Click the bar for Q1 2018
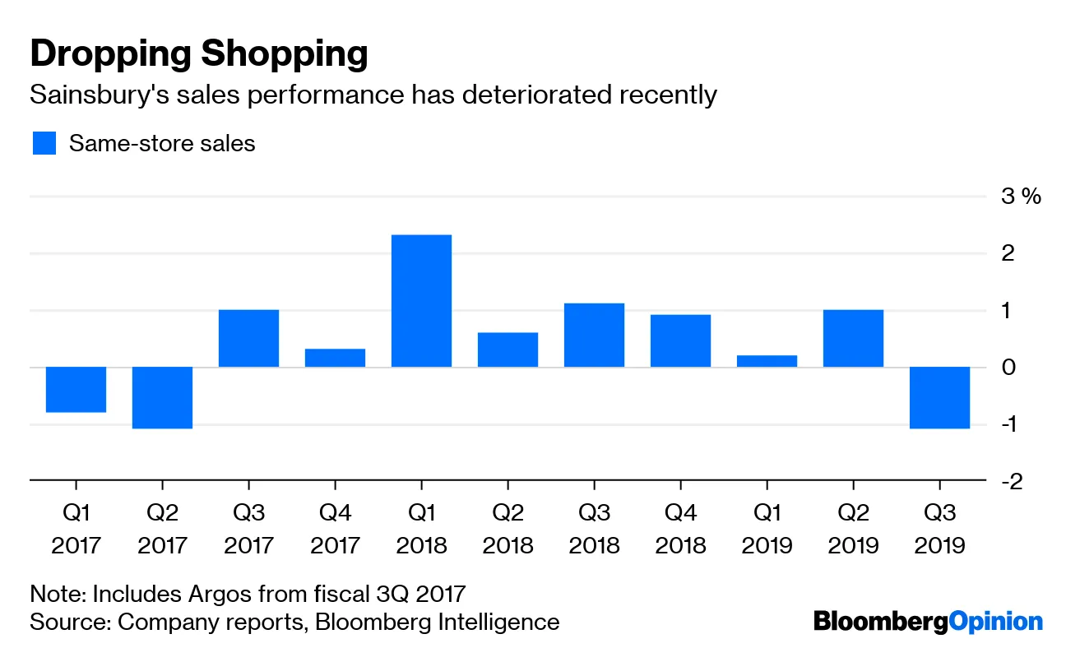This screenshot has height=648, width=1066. coord(421,301)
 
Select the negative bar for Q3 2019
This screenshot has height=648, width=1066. coord(939,397)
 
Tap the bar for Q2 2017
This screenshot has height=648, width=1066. coord(162,397)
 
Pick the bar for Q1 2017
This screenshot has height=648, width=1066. coord(76,389)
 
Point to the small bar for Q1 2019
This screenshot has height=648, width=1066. coord(767,361)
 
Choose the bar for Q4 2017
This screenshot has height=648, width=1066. coord(335,358)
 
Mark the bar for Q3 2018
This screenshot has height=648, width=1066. coord(594,335)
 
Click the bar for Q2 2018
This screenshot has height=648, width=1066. coord(508,349)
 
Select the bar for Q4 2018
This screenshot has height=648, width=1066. coord(680,340)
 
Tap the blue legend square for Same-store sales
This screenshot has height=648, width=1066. coord(44,143)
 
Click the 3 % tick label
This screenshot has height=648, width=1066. coord(1021,197)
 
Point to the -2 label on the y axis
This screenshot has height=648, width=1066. coord(1011,481)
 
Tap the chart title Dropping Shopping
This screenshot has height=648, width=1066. coord(198,55)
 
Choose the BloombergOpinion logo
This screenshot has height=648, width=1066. coord(928,622)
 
